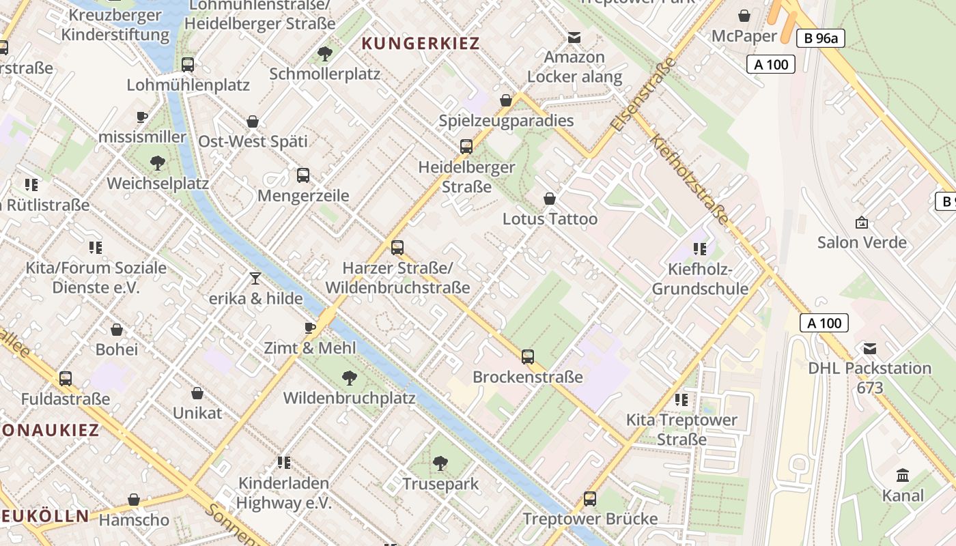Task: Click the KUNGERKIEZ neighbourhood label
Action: (x=421, y=44)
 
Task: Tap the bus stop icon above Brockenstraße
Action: (x=528, y=356)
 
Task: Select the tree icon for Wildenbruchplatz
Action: (x=349, y=377)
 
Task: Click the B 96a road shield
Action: (x=820, y=39)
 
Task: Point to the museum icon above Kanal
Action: (x=903, y=475)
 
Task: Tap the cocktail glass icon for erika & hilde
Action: (x=255, y=278)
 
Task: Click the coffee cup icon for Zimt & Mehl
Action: (x=310, y=328)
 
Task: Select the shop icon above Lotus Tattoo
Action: (x=550, y=199)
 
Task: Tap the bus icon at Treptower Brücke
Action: (x=590, y=499)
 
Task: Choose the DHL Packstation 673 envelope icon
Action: (x=870, y=349)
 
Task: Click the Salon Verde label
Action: (x=862, y=242)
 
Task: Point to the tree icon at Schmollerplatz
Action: (x=325, y=53)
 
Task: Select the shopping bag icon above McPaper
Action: (x=744, y=15)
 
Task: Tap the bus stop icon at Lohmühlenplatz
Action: (x=188, y=65)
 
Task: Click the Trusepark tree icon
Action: (x=440, y=464)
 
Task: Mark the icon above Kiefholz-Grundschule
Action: (x=699, y=249)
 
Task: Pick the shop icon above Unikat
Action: (x=197, y=393)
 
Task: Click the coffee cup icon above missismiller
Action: (x=142, y=117)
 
